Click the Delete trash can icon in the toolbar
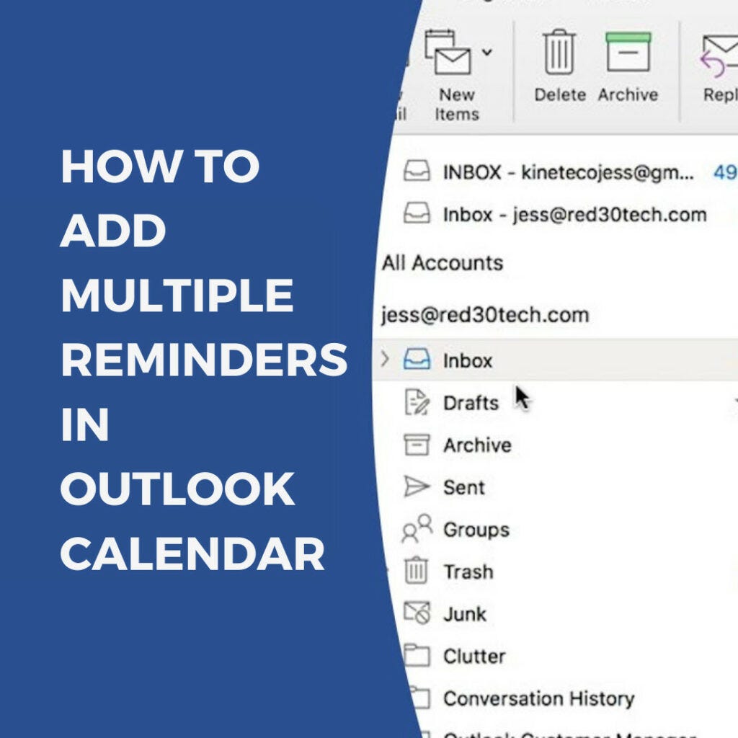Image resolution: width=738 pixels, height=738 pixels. pos(559,52)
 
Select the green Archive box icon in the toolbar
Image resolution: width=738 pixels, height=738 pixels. pos(628,52)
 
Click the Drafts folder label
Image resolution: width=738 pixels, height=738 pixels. pos(471,403)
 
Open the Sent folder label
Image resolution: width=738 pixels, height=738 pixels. pos(464,488)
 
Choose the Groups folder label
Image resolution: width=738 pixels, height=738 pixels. pos(476,530)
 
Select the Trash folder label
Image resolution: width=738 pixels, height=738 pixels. pos(468,572)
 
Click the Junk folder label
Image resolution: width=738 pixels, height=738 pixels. pos(465,614)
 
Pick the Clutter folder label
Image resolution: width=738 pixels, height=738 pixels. pos(474,657)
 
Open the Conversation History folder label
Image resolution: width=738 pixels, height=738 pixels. pos(538,698)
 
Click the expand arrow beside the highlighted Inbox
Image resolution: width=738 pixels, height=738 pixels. pos(385,359)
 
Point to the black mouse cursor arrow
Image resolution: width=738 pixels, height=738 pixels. pos(522,396)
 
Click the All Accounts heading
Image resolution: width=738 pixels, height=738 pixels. pos(443,262)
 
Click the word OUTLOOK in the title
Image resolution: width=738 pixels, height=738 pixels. pos(177,489)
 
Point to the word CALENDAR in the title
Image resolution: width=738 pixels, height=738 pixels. pos(192,554)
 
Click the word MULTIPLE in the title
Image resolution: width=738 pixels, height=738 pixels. pos(177,295)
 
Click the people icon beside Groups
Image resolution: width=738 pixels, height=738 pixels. pos(417,530)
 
